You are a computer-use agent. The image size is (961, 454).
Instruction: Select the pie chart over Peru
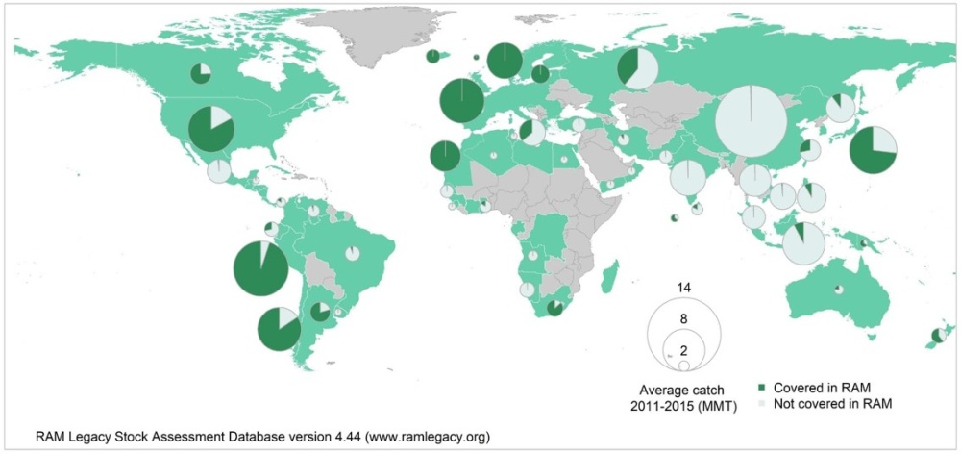pyautogui.click(x=260, y=268)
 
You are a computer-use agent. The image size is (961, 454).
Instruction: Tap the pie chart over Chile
pyautogui.click(x=279, y=329)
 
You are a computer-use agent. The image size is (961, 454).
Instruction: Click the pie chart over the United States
pyautogui.click(x=210, y=129)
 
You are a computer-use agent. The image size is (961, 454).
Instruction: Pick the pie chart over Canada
pyautogui.click(x=200, y=73)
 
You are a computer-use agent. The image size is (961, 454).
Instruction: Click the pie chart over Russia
pyautogui.click(x=637, y=68)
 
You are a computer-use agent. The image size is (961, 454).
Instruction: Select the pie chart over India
pyautogui.click(x=688, y=177)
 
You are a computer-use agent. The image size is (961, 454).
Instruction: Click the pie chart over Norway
pyautogui.click(x=505, y=61)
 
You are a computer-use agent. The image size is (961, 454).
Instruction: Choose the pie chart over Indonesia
pyautogui.click(x=802, y=241)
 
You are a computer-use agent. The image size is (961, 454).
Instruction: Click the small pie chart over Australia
pyautogui.click(x=839, y=289)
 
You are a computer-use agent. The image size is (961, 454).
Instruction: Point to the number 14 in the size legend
pyautogui.click(x=684, y=288)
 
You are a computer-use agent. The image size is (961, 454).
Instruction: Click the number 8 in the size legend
pyautogui.click(x=684, y=317)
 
